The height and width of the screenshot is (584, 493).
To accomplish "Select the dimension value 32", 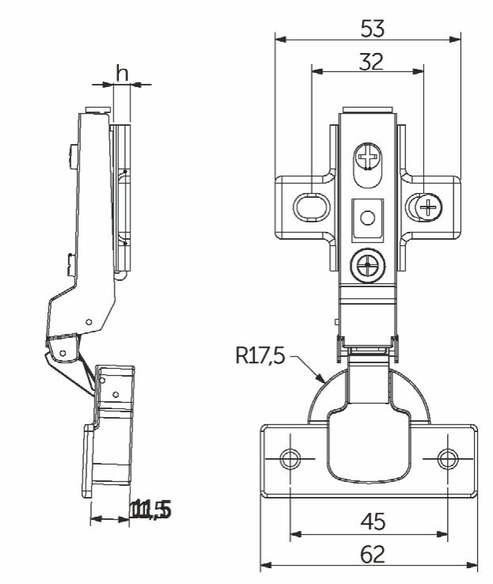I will pos(368,62).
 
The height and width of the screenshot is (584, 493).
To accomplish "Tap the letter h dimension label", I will pos(122,73).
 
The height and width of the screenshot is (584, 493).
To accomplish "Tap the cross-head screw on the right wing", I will pos(427,207).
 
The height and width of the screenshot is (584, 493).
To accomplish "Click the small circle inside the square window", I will pos(368,216).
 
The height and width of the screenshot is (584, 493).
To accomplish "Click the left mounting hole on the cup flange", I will pos(291,458).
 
